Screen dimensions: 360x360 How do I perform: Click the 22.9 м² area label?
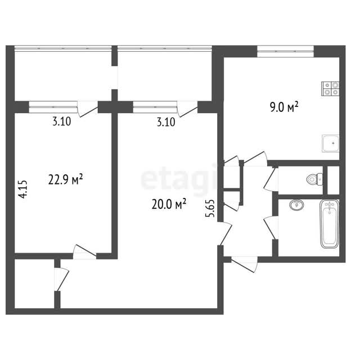65,179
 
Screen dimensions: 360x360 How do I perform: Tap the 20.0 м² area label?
169,204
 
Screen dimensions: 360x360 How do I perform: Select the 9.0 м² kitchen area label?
284,107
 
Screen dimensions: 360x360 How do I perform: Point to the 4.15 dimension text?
23,189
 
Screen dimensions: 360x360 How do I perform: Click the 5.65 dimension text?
210,209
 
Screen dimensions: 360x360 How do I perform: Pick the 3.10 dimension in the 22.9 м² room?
62,121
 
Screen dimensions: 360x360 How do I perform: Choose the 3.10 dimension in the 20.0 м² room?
166,122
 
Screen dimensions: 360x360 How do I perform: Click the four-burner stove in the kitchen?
330,89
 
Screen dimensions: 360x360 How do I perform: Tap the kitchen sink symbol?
331,143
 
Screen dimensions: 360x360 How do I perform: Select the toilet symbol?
314,179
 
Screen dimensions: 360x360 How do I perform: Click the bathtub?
330,224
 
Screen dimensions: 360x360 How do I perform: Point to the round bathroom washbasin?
296,204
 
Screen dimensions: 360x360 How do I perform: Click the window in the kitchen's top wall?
285,51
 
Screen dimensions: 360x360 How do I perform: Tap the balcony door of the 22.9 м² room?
88,109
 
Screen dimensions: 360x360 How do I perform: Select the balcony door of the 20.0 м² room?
187,109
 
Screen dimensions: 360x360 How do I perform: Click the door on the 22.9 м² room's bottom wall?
84,252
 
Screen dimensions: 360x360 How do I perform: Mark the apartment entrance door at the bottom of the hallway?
244,264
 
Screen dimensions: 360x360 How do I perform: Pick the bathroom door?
271,228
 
